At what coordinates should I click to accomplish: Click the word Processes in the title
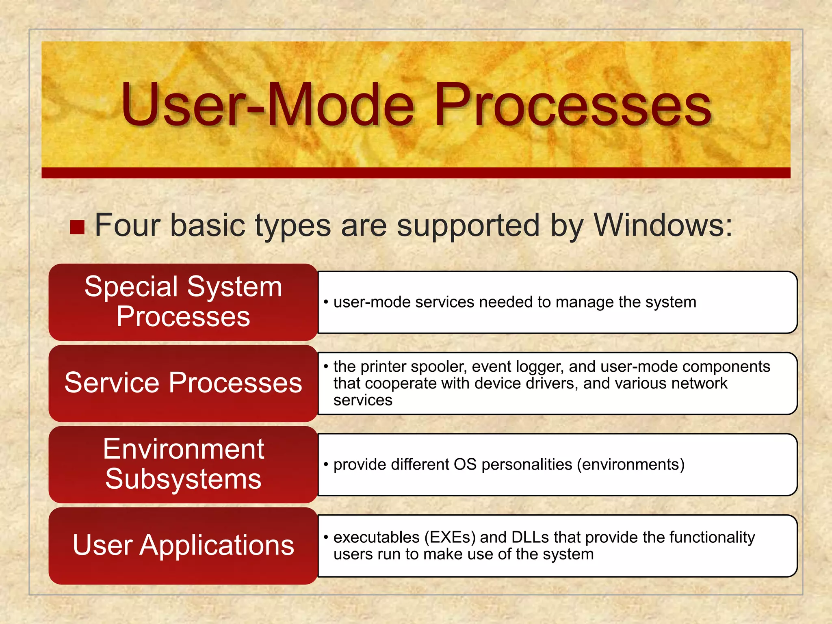573,105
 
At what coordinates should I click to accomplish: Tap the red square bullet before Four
77,227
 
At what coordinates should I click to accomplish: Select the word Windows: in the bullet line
663,225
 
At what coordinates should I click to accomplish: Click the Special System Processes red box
183,302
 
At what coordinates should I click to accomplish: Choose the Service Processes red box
183,383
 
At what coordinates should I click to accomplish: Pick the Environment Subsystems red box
183,464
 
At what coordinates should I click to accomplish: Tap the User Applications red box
183,545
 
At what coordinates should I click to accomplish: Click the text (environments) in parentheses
630,464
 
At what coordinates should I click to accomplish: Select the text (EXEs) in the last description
450,537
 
